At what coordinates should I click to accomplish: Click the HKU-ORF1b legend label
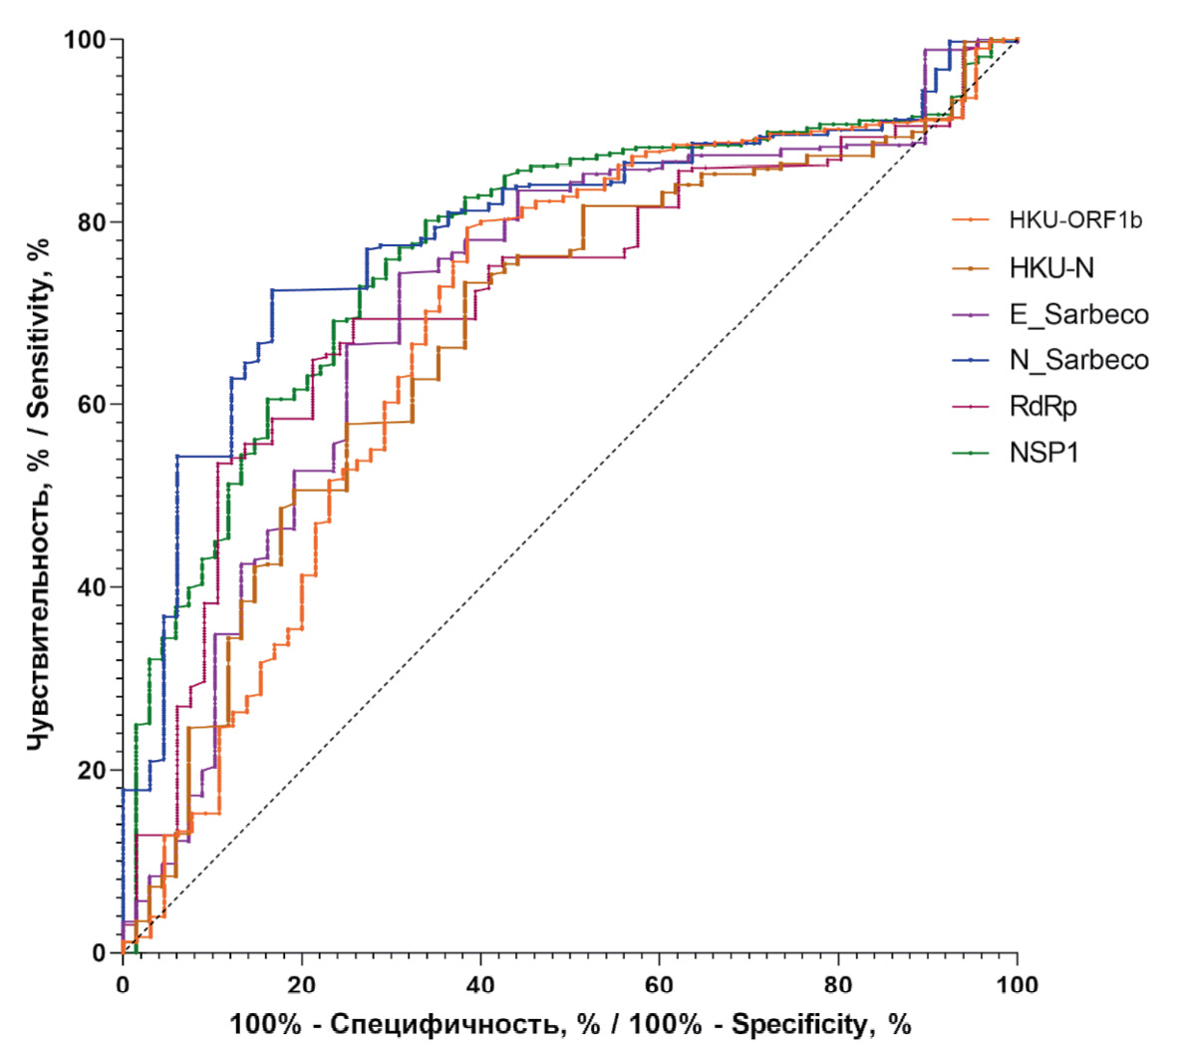coord(1075,220)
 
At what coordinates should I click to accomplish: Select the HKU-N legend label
coord(1051,267)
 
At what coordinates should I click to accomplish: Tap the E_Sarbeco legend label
coord(1078,314)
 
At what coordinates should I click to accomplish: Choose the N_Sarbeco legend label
coord(1078,360)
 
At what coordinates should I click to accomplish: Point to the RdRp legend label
coord(1042,406)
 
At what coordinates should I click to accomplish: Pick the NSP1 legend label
coord(1043,453)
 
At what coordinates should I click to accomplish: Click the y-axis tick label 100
coord(86,40)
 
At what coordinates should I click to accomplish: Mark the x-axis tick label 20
coord(301,985)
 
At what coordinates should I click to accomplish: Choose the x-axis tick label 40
coord(480,985)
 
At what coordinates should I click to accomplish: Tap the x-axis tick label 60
coord(659,985)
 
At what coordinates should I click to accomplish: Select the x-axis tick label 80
coord(838,985)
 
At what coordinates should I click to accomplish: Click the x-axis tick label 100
coord(1017,985)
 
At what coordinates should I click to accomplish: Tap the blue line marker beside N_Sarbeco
coord(971,360)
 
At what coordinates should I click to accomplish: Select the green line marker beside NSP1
coord(971,453)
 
